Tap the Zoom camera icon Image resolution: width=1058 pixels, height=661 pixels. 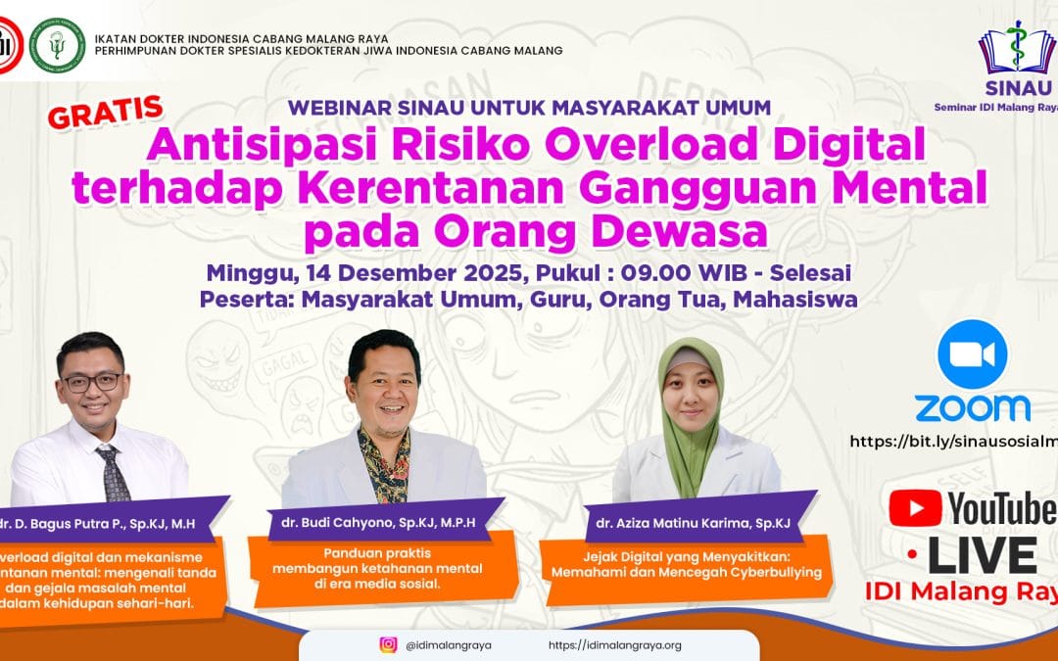click(972, 354)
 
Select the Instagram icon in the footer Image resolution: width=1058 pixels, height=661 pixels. click(389, 644)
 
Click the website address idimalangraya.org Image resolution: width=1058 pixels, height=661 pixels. click(614, 645)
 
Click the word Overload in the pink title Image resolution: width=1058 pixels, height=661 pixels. click(638, 148)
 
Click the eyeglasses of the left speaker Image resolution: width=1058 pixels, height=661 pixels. click(91, 381)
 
